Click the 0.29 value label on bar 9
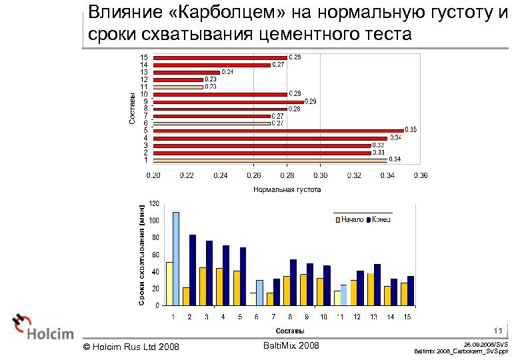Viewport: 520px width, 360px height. coord(310,101)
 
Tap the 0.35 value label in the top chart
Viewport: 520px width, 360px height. coord(410,129)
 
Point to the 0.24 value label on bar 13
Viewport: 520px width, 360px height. coord(227,72)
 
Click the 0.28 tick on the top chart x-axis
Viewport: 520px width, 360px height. coord(287,175)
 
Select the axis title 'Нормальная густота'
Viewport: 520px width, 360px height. coord(287,189)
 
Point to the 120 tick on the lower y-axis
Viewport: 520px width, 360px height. coord(154,203)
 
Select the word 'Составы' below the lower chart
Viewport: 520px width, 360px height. coord(290,331)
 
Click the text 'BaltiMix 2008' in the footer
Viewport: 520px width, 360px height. coord(291,345)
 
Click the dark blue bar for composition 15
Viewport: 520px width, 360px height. coord(411,291)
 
